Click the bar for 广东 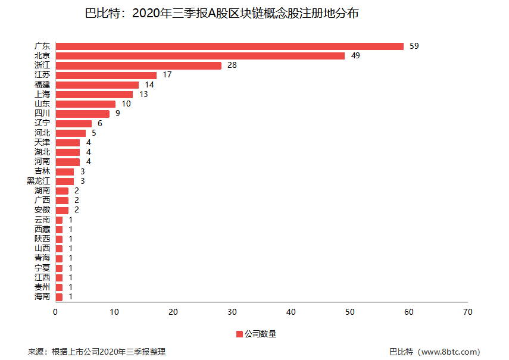229,46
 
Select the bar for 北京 200,56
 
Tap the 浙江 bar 138,65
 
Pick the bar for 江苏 106,75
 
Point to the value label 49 355,56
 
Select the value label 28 232,65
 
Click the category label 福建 42,84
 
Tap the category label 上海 42,94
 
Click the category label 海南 42,297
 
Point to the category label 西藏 42,229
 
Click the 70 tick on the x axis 468,312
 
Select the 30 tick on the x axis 232,312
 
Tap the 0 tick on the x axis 55,312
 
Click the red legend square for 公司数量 239,334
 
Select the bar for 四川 82,114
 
